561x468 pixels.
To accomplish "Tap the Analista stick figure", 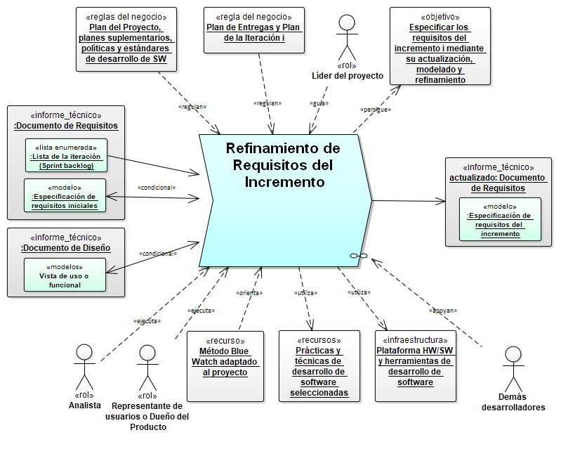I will point(84,365).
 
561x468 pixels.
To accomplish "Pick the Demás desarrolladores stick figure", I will point(513,368).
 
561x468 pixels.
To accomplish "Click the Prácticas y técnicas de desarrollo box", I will point(319,365).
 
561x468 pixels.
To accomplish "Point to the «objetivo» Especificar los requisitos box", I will point(440,46).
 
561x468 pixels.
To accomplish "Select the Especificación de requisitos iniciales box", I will point(65,195).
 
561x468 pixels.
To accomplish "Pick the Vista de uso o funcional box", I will point(65,275).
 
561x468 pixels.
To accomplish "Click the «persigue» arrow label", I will point(376,110).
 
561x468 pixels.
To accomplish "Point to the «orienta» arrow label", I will point(248,292).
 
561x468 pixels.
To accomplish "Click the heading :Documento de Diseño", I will point(65,248).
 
